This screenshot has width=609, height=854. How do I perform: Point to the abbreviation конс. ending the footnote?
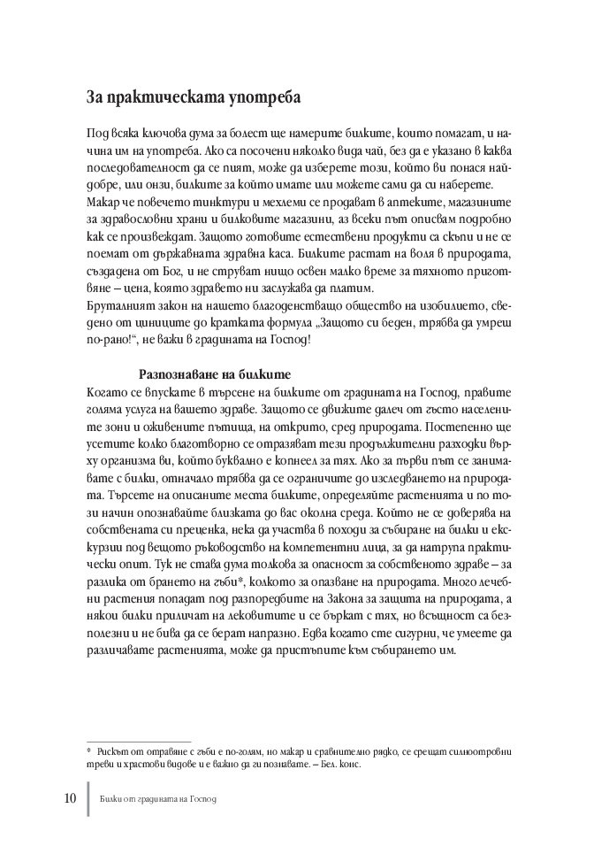pos(349,766)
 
